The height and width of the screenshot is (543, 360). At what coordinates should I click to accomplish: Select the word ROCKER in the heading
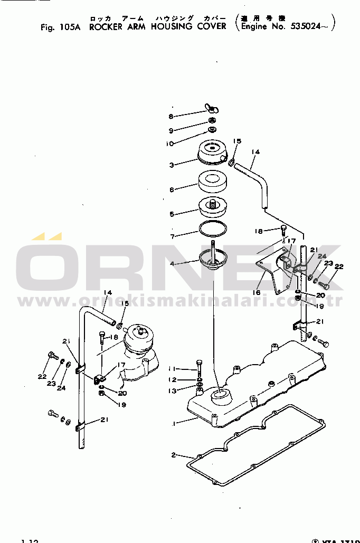tap(106, 27)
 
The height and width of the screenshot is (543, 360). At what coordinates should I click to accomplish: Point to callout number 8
tap(171, 117)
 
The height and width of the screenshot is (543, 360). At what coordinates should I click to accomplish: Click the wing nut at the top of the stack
tap(212, 110)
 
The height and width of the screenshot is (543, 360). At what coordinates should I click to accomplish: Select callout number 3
tap(172, 165)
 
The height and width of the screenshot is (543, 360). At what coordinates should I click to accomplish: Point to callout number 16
tap(257, 292)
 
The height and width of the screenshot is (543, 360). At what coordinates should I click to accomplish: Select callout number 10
tap(170, 143)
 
